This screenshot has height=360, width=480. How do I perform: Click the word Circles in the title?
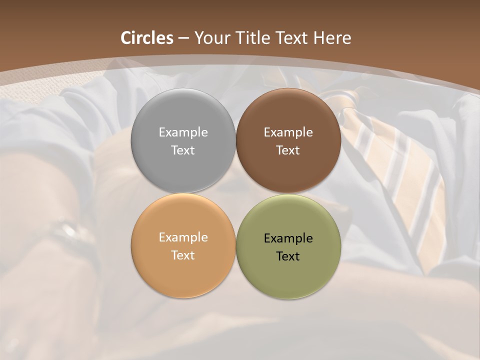147,38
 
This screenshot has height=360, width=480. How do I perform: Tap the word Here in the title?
332,38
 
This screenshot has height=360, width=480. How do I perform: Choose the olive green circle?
288,275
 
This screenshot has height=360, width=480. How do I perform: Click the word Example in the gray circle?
183,132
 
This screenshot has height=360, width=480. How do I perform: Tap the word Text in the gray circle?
183,150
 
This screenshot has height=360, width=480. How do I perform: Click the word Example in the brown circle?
288,132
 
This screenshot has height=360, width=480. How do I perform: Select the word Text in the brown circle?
288,150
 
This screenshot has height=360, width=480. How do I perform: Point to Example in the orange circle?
183,237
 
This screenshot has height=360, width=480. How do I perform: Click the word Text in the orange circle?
183,255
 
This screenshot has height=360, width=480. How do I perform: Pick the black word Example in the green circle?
288,238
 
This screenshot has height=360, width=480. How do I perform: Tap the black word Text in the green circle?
288,256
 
